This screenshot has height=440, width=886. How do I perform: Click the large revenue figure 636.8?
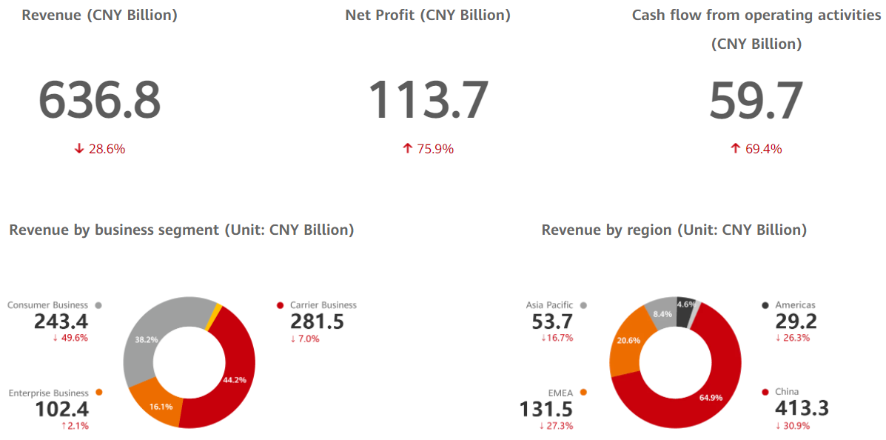pyautogui.click(x=99, y=100)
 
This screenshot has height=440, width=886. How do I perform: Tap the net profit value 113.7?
pyautogui.click(x=429, y=100)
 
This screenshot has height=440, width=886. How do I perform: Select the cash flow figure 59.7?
pyautogui.click(x=756, y=100)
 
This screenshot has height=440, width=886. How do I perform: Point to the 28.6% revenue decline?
pyautogui.click(x=100, y=149)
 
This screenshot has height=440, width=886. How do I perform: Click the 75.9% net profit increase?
pyautogui.click(x=428, y=149)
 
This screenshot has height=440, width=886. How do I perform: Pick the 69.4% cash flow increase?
pyautogui.click(x=756, y=149)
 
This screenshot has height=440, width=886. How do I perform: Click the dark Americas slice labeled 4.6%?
pyautogui.click(x=685, y=305)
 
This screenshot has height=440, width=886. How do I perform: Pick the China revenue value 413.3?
pyautogui.click(x=802, y=408)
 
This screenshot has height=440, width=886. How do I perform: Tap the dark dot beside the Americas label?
pyautogui.click(x=765, y=305)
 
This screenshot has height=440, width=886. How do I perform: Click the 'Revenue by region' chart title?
pyautogui.click(x=674, y=230)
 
